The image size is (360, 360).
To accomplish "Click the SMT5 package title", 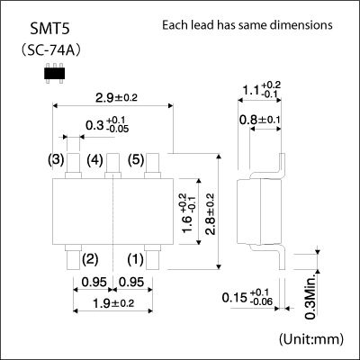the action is coord(50,30).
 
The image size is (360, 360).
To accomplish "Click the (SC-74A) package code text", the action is coord(50,50).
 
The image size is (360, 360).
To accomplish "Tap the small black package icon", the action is coord(54,73).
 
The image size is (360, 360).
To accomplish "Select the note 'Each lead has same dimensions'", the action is coord(247,25).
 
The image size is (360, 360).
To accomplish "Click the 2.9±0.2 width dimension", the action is coord(116,97).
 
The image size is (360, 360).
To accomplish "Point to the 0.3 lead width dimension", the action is coord(107,124).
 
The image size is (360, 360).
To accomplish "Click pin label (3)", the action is coord(56,160).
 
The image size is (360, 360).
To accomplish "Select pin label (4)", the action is coord(94,160).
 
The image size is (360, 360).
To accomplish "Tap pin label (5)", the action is coord(136,160).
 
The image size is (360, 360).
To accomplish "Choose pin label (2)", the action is coord(90,259).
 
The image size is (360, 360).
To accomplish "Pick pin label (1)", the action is coord(136,259).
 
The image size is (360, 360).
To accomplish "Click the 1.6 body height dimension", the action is coord(188,212).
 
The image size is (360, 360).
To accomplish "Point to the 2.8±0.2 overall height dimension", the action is coord(210,213).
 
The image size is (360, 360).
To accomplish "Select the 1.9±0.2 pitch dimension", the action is coord(113,303).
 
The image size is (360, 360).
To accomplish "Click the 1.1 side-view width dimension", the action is coord(261,89).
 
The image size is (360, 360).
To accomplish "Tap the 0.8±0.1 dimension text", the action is coord(260,121).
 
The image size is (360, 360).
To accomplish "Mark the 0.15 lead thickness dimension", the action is coord(247,297).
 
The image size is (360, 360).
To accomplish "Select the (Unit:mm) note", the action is coord(311,339).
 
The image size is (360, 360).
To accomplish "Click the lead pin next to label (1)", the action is coord(152,257).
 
